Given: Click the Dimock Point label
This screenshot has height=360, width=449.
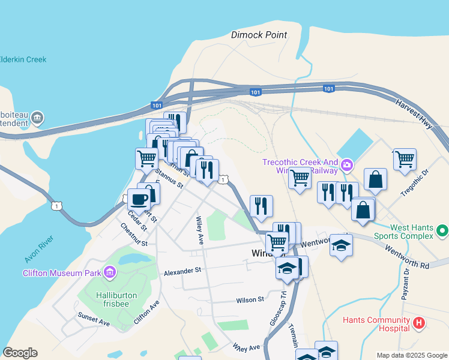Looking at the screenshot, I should pos(259,35).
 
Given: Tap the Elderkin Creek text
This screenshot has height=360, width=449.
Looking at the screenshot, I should pos(23,59).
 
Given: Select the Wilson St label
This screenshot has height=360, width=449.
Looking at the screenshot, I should pos(250,299).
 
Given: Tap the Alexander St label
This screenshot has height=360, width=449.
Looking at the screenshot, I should pos(182,272).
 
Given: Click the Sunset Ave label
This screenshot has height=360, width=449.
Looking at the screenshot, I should pos(94,319).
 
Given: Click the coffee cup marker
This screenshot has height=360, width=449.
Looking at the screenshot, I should pos(139,199).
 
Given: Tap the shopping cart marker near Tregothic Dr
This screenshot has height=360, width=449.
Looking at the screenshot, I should pos(405,159).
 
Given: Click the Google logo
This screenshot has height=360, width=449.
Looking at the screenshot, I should pos(20,353).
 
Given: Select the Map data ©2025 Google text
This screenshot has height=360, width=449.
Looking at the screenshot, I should pos(411,355).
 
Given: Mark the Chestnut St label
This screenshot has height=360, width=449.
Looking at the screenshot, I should pos(133,236).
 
